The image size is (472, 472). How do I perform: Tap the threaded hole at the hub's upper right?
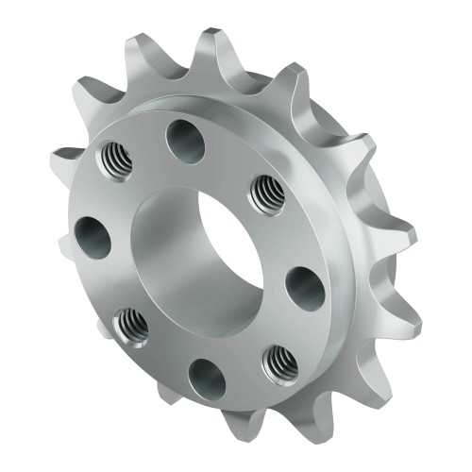click(267, 194)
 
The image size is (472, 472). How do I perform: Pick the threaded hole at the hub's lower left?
click(129, 326)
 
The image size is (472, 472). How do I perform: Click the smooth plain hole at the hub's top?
click(186, 141)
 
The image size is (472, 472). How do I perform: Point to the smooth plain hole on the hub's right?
click(305, 286)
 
